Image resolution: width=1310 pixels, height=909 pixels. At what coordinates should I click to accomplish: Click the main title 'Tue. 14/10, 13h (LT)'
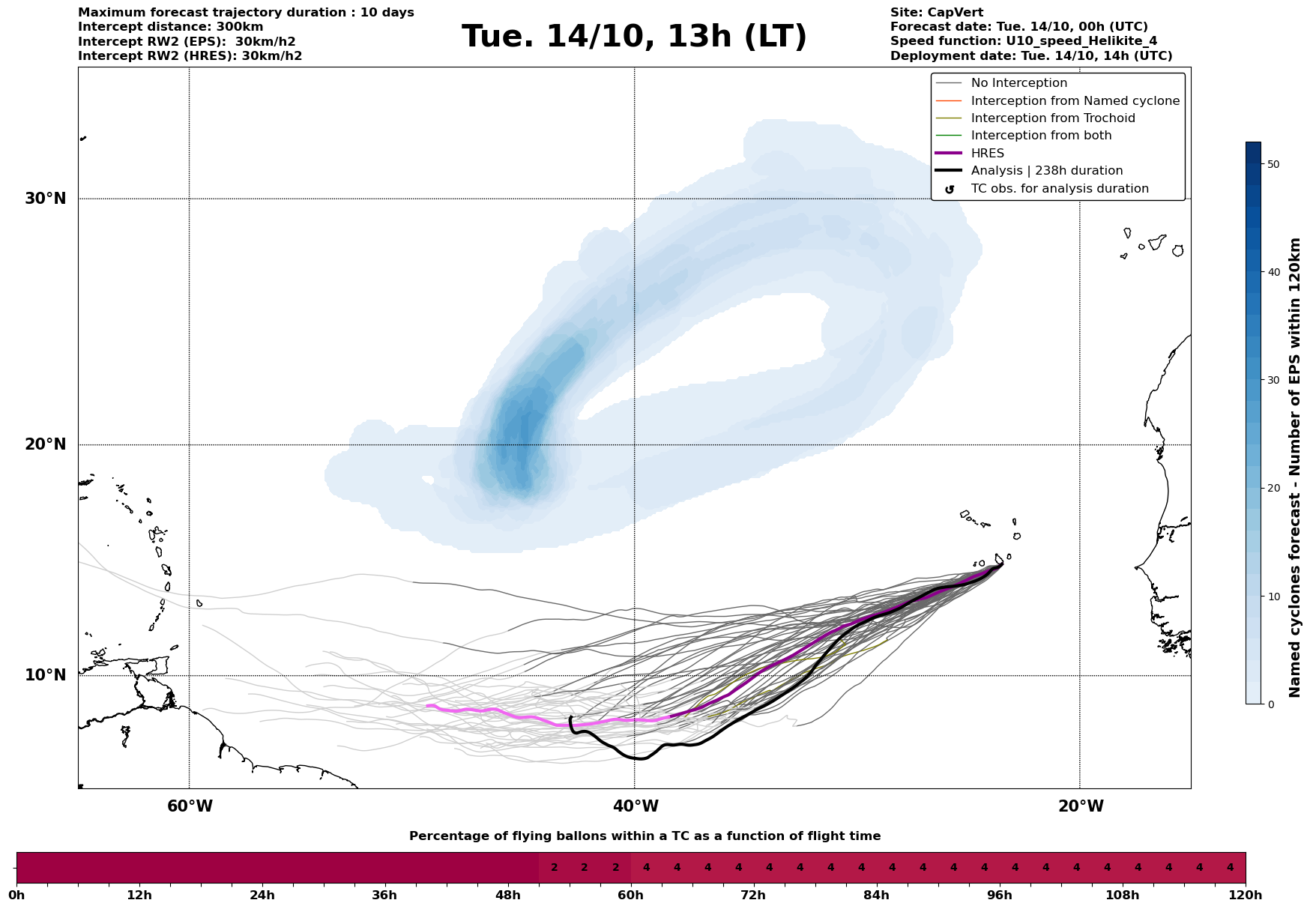pos(634,37)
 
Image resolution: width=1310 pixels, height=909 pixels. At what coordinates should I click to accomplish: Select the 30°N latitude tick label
pos(45,199)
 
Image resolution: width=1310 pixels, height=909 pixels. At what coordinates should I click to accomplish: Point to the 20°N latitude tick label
pos(45,444)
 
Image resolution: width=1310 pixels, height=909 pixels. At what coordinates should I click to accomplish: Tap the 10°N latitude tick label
pos(45,675)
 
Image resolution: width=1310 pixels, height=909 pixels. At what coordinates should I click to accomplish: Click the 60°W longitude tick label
pos(190,806)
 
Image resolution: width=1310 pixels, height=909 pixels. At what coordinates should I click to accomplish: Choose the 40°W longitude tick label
pos(635,806)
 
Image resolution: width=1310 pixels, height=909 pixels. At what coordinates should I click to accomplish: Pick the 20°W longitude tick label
pos(1080,806)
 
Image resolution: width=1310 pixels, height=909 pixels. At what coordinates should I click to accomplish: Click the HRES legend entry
pos(987,154)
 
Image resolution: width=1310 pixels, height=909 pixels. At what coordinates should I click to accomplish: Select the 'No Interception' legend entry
pos(1018,83)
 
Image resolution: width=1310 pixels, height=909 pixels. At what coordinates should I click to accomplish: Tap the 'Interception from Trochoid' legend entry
pos(1052,118)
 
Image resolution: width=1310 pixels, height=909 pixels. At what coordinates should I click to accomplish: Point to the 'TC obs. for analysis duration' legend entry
pos(1059,189)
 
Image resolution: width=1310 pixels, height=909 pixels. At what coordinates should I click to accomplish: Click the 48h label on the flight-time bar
pos(507,896)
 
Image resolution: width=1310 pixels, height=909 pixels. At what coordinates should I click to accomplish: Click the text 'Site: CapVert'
pos(936,13)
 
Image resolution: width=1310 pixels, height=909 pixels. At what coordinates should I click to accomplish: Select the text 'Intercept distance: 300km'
pos(170,27)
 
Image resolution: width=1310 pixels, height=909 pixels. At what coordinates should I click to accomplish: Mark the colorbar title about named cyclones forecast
pos(1295,467)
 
